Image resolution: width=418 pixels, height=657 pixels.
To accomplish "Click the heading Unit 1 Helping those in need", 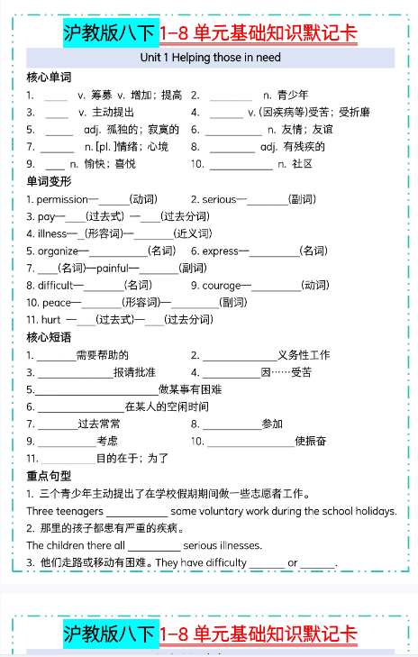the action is [x=210, y=58].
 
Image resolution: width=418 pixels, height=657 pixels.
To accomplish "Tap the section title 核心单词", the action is [x=49, y=78].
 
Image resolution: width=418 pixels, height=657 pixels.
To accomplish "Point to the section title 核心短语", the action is [x=49, y=338].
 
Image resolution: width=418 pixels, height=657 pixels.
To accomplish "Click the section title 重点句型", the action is [x=49, y=476].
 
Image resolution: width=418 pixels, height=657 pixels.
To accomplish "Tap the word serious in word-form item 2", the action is [x=219, y=199].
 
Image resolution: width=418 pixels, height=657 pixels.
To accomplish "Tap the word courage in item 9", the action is [x=222, y=285].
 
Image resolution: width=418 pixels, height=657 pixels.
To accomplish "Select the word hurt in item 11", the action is [x=50, y=319].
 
